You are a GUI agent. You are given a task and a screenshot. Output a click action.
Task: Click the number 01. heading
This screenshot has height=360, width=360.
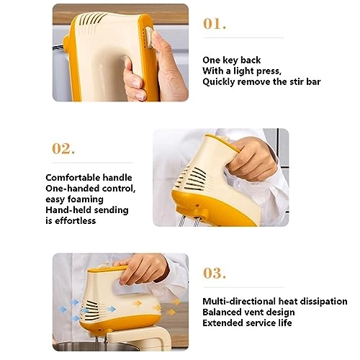click(x=215, y=23)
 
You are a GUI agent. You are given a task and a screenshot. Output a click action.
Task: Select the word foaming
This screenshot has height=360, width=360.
click(x=86, y=199)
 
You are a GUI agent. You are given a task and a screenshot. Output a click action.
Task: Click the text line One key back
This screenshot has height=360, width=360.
click(x=231, y=60)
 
